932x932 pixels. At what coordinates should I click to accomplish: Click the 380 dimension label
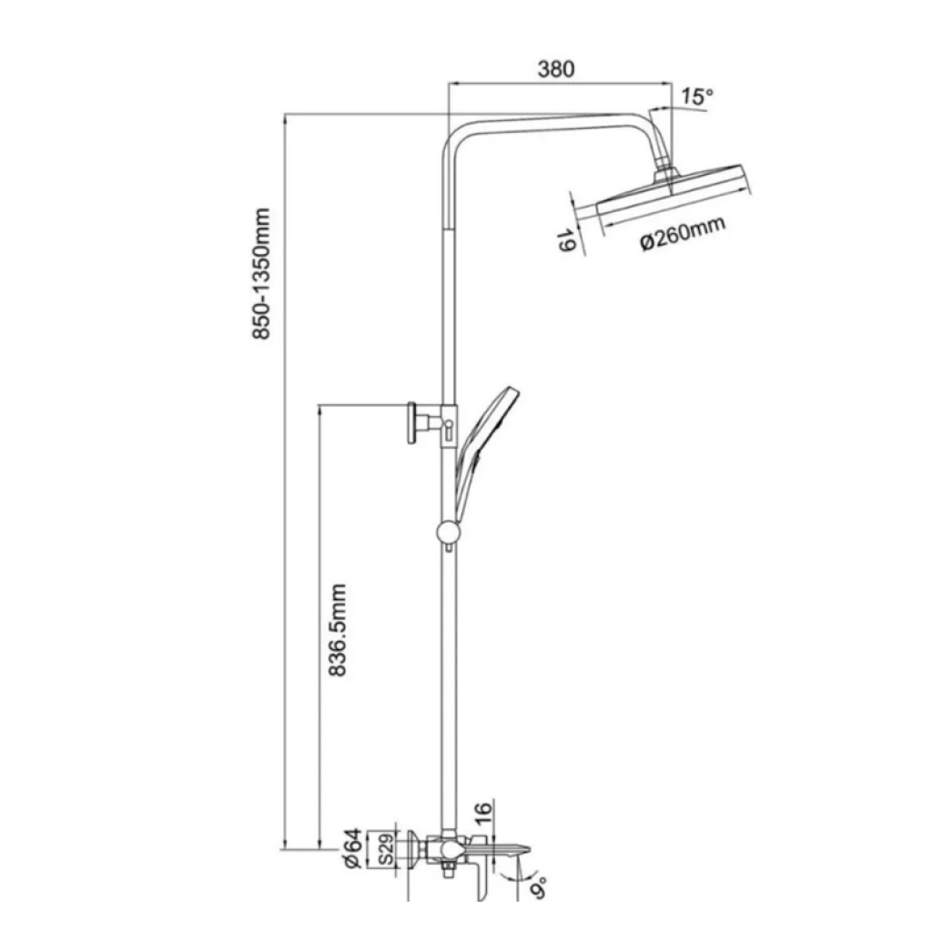pyautogui.click(x=555, y=69)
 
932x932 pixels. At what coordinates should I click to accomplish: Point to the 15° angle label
pyautogui.click(x=696, y=96)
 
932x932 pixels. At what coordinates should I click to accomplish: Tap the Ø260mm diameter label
pyautogui.click(x=683, y=234)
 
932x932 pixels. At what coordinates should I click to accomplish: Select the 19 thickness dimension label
pyautogui.click(x=566, y=241)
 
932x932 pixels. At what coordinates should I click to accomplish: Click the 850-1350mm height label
pyautogui.click(x=262, y=274)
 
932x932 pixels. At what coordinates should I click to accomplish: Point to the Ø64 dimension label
pyautogui.click(x=354, y=850)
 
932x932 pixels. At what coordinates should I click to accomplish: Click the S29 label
pyautogui.click(x=384, y=850)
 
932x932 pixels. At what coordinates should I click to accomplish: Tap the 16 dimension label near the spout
pyautogui.click(x=483, y=811)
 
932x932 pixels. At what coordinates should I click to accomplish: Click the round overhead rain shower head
pyautogui.click(x=674, y=191)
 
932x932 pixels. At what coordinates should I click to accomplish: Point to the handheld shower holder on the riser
pyautogui.click(x=449, y=422)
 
